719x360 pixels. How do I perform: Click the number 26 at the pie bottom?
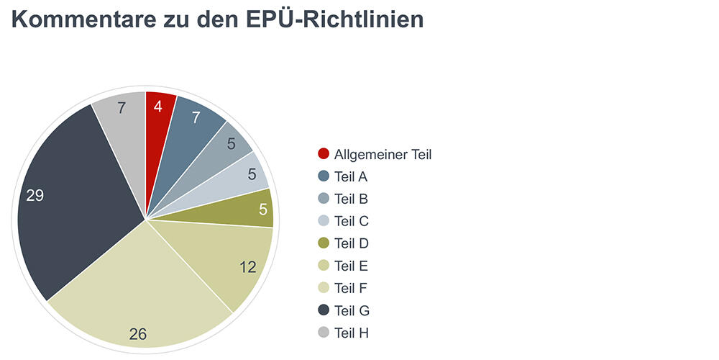[138, 333]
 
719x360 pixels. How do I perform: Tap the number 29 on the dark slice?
[35, 195]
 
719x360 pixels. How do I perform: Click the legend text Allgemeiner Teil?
[383, 154]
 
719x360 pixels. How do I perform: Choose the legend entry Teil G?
[352, 310]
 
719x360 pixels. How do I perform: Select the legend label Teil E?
[352, 266]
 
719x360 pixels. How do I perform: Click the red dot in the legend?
[324, 154]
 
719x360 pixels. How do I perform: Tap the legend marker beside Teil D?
[324, 243]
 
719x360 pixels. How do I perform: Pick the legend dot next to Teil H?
[324, 333]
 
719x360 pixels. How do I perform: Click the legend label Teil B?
[352, 199]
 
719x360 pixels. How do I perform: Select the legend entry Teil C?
[352, 221]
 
